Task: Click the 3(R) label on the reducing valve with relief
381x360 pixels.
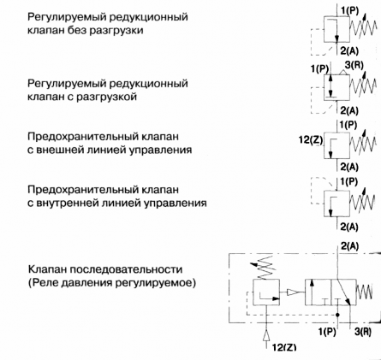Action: click(x=354, y=65)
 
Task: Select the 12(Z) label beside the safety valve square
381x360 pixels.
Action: click(x=311, y=140)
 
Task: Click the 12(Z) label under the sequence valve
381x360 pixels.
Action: click(x=284, y=347)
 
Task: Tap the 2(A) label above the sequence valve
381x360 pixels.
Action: click(x=350, y=245)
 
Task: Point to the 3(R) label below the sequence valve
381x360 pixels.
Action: click(x=363, y=332)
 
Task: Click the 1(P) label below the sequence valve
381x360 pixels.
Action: click(x=327, y=332)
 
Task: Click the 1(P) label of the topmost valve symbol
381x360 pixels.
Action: click(x=349, y=10)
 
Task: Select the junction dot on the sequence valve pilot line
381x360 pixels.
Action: click(x=337, y=315)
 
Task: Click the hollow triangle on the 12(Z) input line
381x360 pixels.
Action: click(x=266, y=335)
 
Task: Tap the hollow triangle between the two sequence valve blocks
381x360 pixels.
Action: click(x=292, y=292)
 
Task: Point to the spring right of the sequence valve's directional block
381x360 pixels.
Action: click(x=364, y=292)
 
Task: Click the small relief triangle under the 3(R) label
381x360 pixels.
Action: click(x=345, y=73)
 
